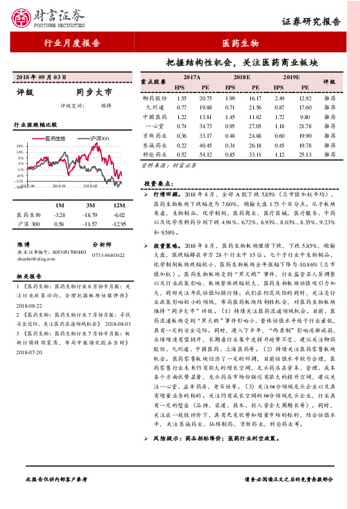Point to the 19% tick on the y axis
(20, 146)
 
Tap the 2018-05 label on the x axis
(92, 187)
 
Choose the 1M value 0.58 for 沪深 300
(59, 224)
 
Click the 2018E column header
(241, 78)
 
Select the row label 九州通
(155, 107)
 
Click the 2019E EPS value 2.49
(279, 97)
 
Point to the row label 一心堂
(155, 126)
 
